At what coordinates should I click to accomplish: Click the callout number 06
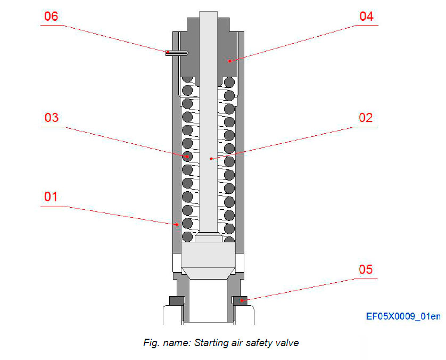point(51,16)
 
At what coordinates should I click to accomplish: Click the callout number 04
point(366,16)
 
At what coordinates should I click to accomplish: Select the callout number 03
point(51,118)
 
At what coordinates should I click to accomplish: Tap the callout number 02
point(366,118)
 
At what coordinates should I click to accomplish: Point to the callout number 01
point(51,197)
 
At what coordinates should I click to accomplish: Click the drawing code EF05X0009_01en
point(403,316)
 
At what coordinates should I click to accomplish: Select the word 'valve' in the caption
point(287,343)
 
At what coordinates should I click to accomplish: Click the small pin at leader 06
point(176,52)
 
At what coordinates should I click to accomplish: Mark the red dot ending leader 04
point(230,61)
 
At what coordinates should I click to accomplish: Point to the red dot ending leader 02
point(211,158)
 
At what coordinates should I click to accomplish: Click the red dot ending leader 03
point(188,157)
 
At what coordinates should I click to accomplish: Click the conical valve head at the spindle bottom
point(208,264)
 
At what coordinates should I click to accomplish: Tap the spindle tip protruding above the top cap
point(208,21)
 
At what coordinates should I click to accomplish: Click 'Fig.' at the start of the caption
point(151,343)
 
